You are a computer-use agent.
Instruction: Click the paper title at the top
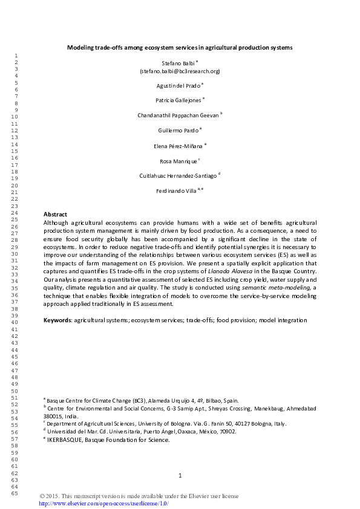(x=180, y=47)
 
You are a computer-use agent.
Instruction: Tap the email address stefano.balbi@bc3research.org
(x=180, y=71)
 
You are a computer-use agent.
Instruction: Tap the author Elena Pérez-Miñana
(x=179, y=146)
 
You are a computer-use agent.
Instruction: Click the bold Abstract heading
(x=55, y=215)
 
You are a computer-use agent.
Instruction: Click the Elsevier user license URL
(x=103, y=504)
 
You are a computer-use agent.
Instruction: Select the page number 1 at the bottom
(x=180, y=476)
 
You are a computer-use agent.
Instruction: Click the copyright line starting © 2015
(x=139, y=496)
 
